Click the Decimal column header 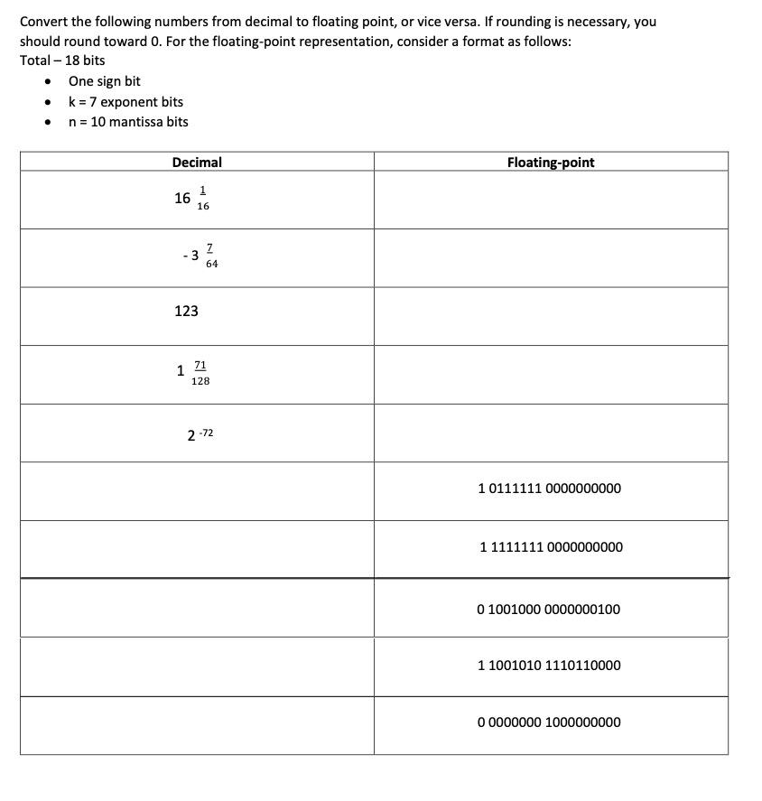(x=197, y=163)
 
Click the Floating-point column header (x=551, y=163)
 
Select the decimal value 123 (x=186, y=311)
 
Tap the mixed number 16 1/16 (x=192, y=198)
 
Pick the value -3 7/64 (x=200, y=256)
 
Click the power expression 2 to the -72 (x=200, y=434)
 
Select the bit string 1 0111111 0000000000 (x=549, y=489)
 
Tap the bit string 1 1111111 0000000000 (x=551, y=547)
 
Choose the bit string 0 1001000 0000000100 (x=549, y=610)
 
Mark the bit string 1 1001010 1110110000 (x=549, y=666)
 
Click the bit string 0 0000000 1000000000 (x=549, y=722)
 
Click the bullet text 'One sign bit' (x=104, y=81)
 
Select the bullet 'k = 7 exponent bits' (x=125, y=102)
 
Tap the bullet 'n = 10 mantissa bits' (x=128, y=122)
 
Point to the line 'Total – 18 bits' (x=62, y=61)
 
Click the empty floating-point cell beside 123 (x=551, y=316)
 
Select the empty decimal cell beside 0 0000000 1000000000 (x=197, y=725)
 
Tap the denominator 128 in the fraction (x=200, y=381)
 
